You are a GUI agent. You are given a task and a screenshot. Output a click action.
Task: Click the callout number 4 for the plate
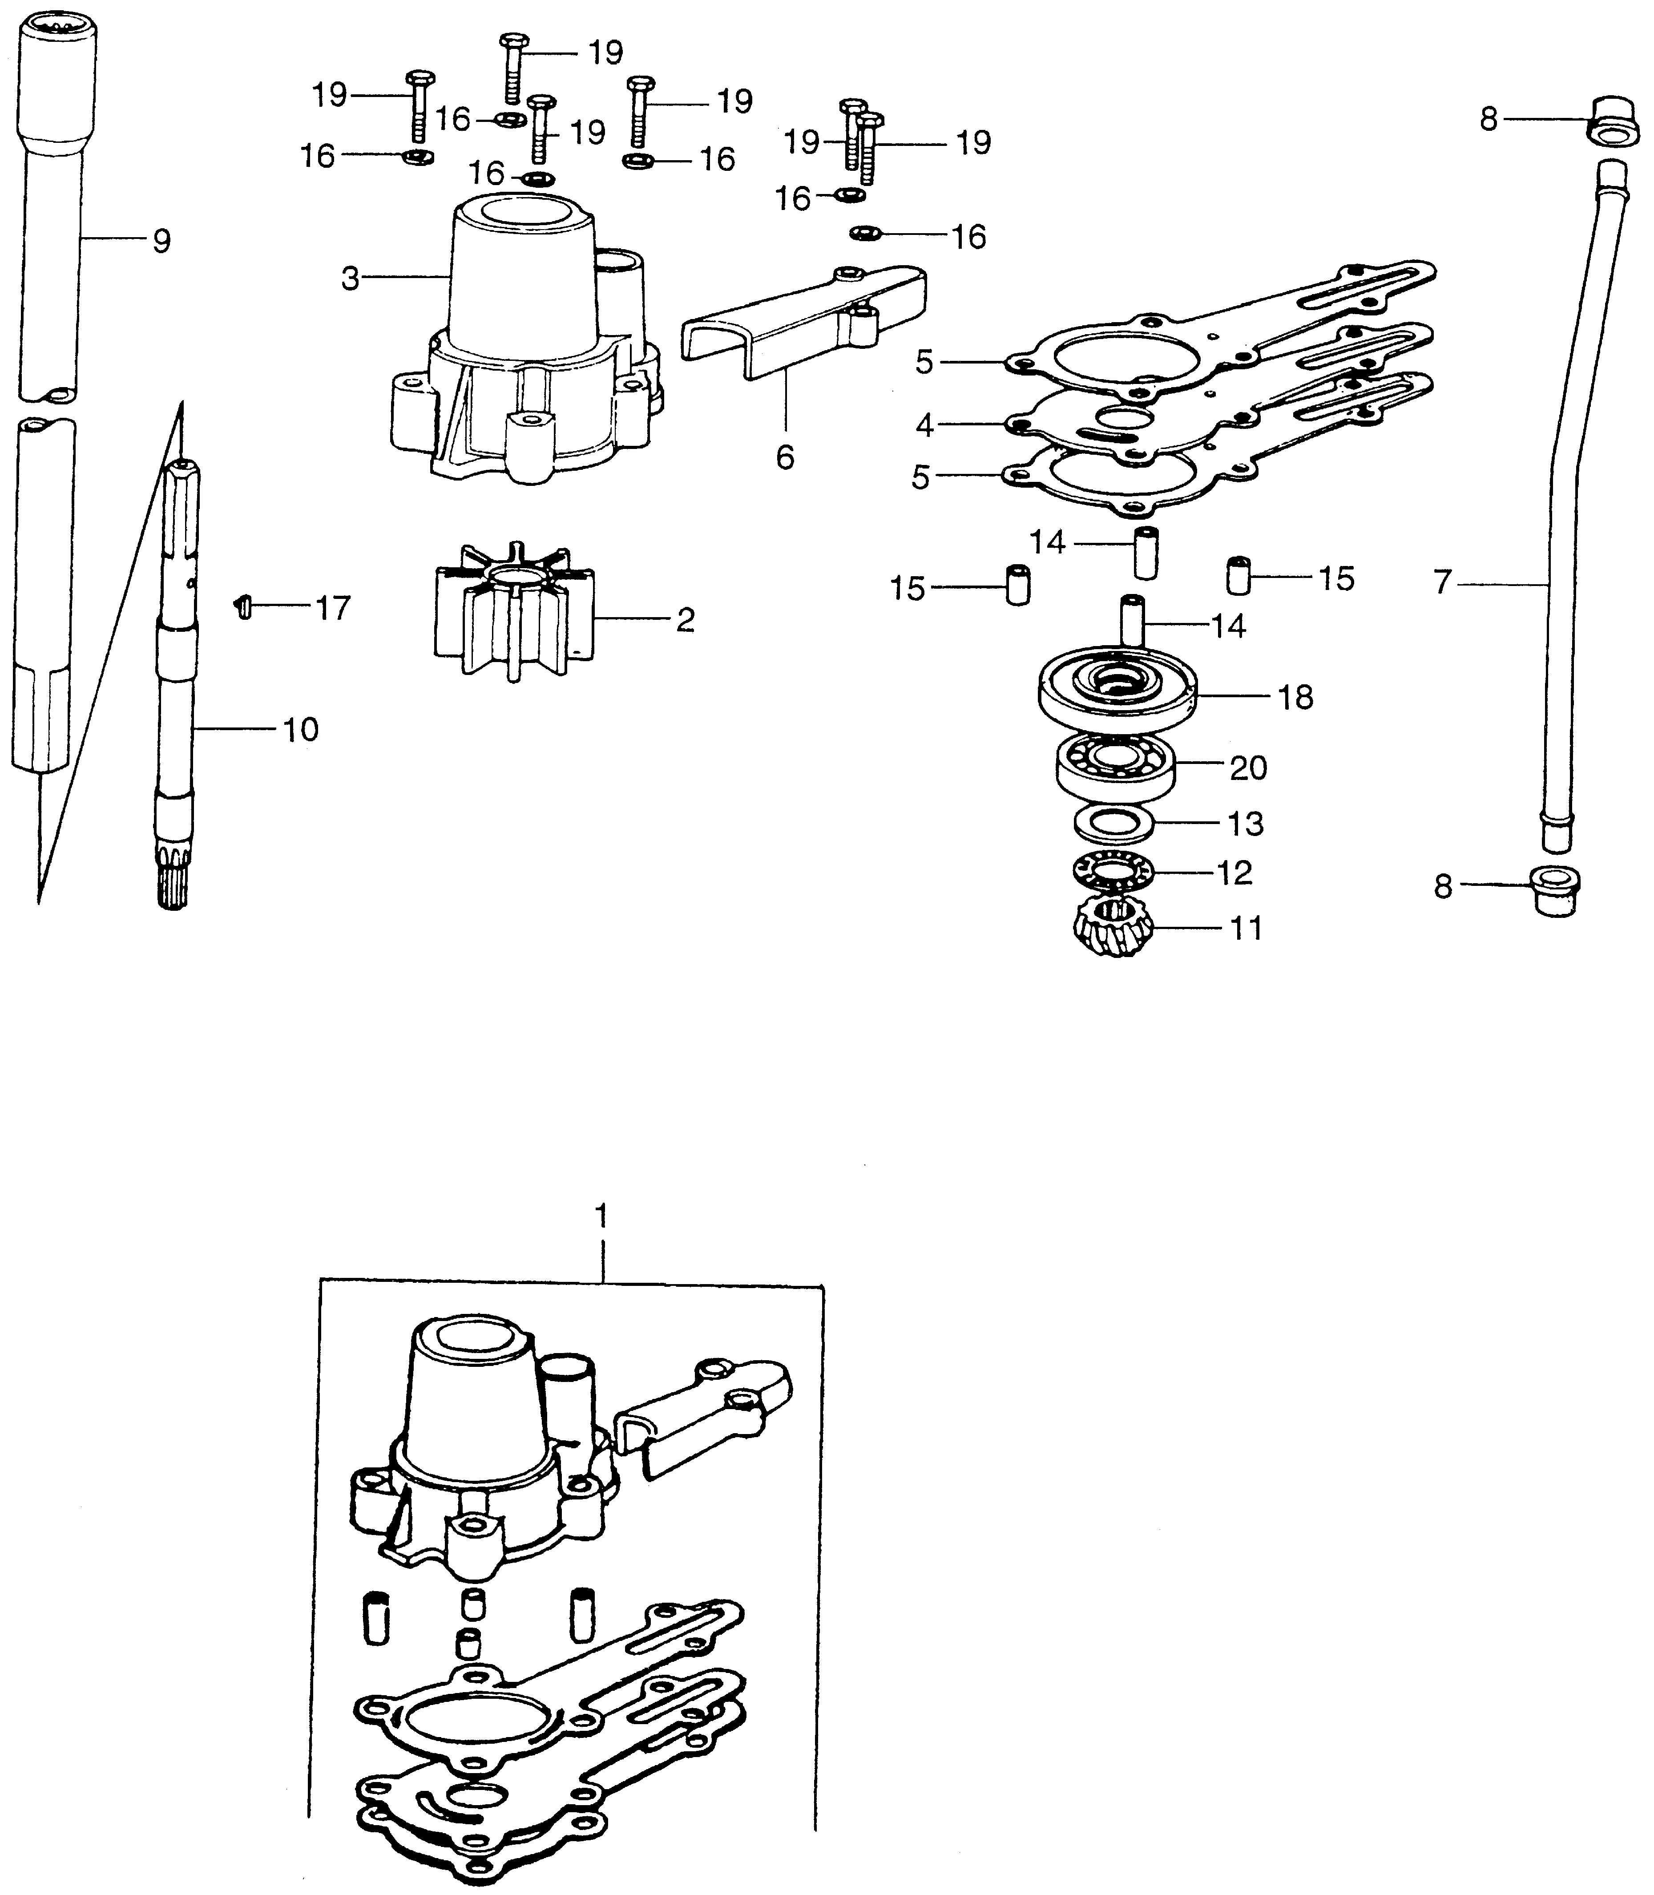925,425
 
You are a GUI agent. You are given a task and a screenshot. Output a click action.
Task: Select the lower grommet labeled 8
1556,891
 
